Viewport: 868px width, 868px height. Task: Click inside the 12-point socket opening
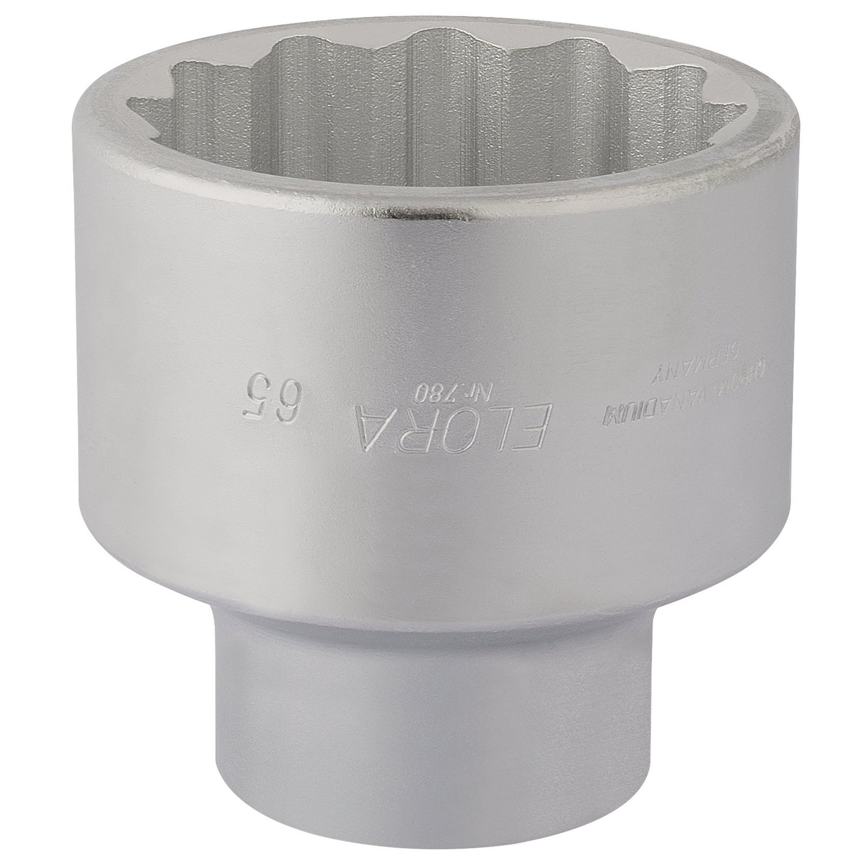pyautogui.click(x=432, y=120)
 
